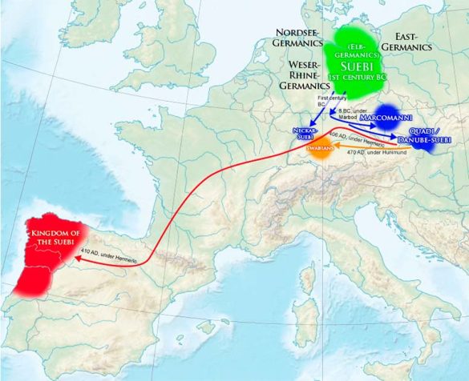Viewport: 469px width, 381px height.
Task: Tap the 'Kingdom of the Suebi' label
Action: point(55,238)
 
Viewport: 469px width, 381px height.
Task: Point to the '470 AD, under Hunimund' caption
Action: point(379,153)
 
